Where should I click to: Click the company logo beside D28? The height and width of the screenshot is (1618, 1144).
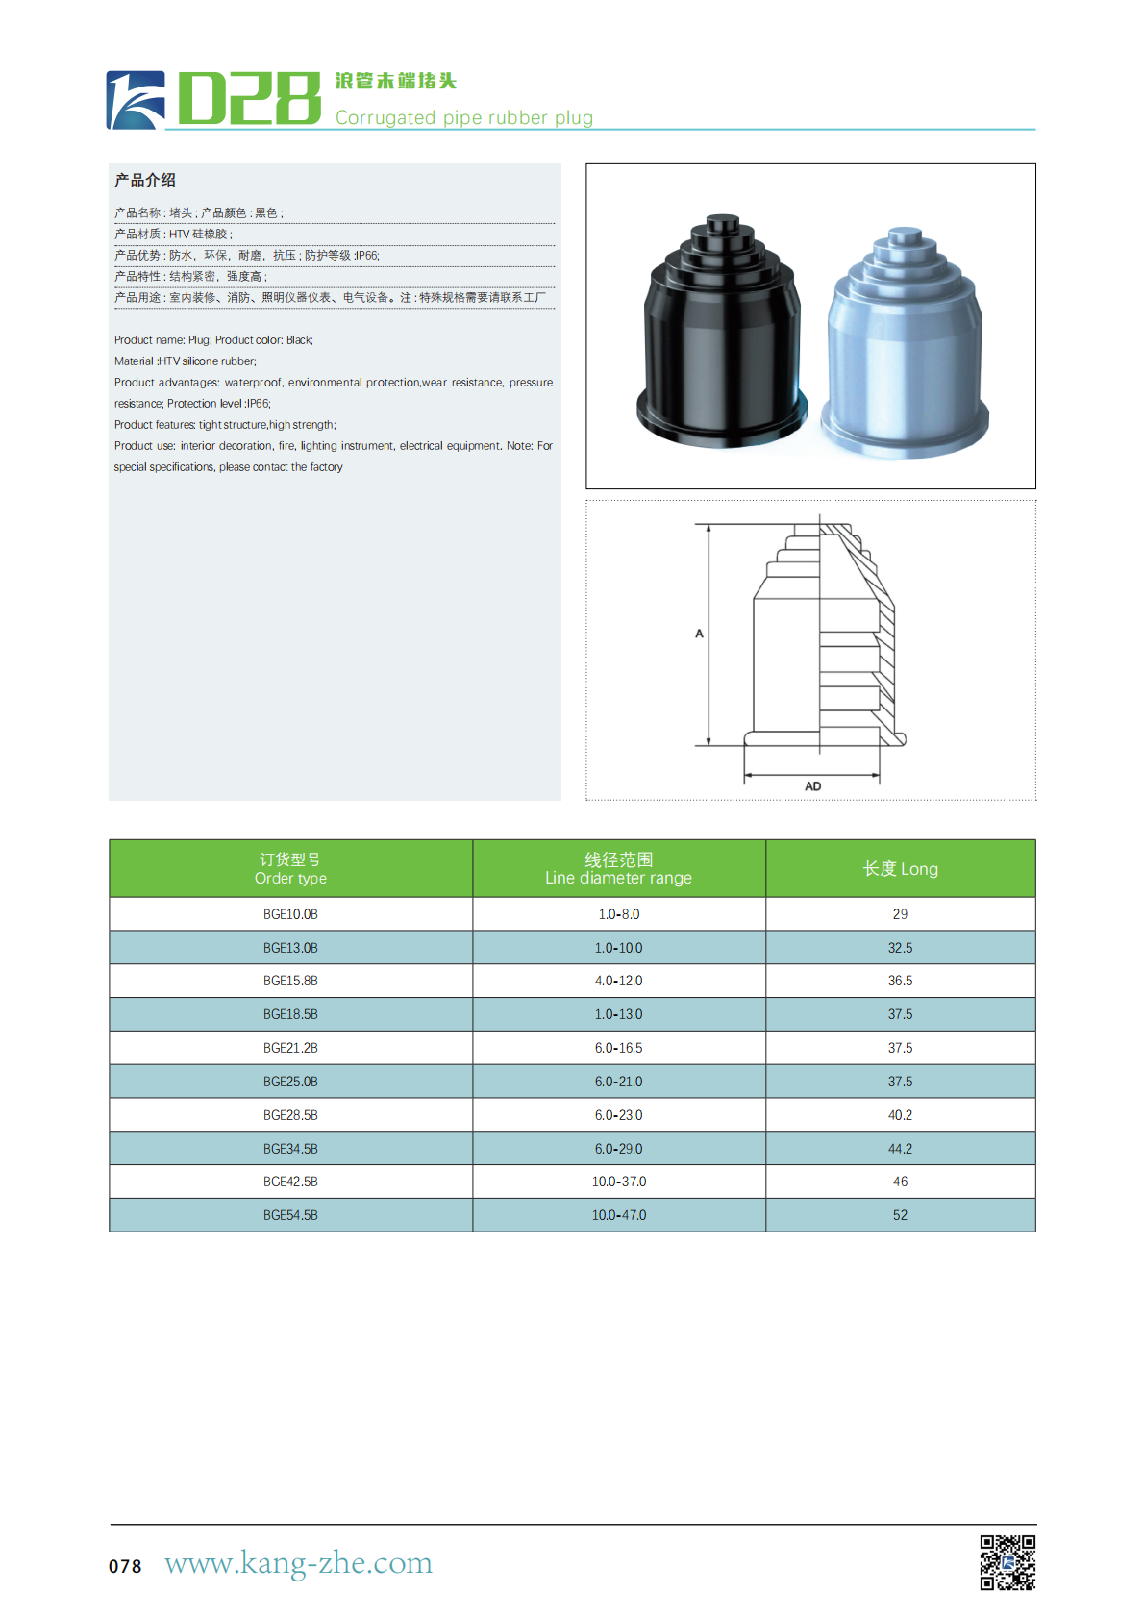[136, 100]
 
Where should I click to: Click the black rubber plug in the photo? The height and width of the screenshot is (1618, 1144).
[720, 336]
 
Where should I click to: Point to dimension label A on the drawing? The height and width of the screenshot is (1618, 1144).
[699, 634]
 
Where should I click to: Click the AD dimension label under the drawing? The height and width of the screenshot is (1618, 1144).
[812, 786]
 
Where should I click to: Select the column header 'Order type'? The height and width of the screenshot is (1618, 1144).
[290, 869]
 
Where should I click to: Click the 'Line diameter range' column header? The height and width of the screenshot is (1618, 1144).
[618, 869]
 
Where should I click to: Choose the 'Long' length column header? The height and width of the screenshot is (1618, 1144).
[900, 869]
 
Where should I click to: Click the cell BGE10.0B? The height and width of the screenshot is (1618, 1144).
[290, 914]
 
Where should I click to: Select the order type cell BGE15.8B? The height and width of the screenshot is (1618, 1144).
[290, 981]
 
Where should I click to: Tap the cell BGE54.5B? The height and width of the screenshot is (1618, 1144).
[290, 1215]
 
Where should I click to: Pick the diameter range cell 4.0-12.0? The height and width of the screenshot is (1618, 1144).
[618, 981]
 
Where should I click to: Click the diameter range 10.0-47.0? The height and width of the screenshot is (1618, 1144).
[618, 1215]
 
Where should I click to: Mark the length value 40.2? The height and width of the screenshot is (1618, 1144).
[900, 1115]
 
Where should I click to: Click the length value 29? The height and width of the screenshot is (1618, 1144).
[900, 914]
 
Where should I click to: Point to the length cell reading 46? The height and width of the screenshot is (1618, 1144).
[900, 1182]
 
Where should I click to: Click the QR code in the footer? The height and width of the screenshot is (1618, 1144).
[1007, 1562]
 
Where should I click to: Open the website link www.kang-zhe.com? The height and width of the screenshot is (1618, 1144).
[298, 1563]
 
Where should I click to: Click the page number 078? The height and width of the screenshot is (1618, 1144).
[125, 1566]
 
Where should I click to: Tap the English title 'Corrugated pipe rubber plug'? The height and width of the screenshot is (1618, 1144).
[463, 117]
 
